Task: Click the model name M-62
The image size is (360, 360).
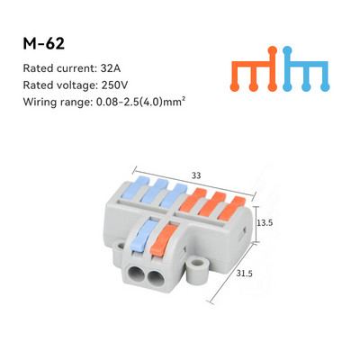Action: pyautogui.click(x=44, y=44)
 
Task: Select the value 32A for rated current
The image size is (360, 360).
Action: pyautogui.click(x=111, y=68)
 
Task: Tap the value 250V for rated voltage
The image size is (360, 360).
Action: pyautogui.click(x=114, y=85)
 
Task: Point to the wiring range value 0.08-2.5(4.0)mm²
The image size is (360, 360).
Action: pyautogui.click(x=139, y=102)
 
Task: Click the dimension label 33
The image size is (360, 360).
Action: pyautogui.click(x=196, y=175)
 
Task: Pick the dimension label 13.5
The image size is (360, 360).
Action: pyautogui.click(x=265, y=223)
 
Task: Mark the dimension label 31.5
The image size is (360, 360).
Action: pyautogui.click(x=244, y=274)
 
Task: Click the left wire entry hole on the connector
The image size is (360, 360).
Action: pyautogui.click(x=137, y=274)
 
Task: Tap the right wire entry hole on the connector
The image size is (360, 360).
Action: pyautogui.click(x=156, y=277)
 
